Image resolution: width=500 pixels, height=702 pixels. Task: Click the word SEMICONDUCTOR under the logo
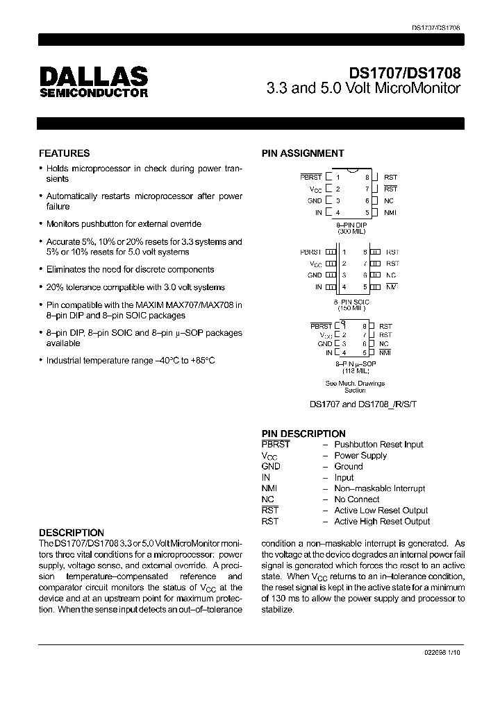[x=93, y=93]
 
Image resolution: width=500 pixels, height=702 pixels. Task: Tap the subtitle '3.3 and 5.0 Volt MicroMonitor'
[x=364, y=88]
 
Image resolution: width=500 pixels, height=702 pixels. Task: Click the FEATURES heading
[x=64, y=153]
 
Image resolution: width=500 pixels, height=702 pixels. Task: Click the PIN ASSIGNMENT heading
[x=302, y=153]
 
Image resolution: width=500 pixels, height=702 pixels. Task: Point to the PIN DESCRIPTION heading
[x=303, y=434]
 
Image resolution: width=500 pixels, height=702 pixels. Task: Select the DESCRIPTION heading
[x=71, y=533]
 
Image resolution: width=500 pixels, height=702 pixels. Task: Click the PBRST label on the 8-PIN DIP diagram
[x=310, y=178]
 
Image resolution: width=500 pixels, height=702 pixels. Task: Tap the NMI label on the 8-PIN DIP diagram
[x=390, y=212]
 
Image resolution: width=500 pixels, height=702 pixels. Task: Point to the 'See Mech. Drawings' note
[x=355, y=383]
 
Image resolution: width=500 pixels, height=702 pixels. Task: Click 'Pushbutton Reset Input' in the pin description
[x=378, y=445]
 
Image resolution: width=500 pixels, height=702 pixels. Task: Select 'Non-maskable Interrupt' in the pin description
[x=380, y=488]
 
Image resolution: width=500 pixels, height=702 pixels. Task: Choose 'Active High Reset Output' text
[x=382, y=521]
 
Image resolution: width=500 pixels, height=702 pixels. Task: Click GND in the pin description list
[x=271, y=467]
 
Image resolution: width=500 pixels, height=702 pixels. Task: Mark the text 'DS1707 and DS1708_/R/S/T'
[x=355, y=404]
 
